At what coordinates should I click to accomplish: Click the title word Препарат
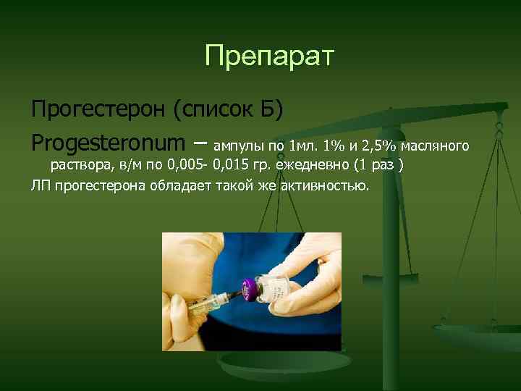[x=269, y=56]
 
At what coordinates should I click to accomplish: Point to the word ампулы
[x=240, y=143]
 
